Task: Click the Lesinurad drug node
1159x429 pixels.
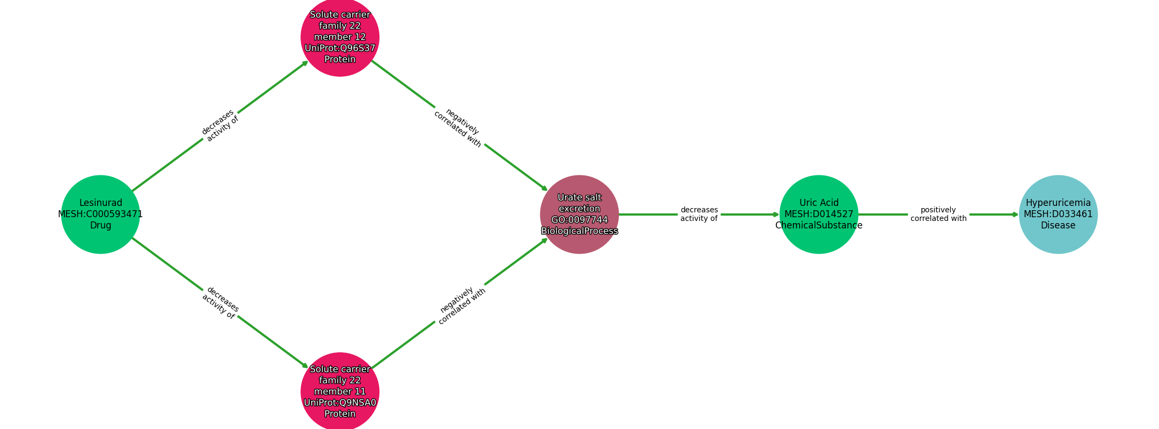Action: click(x=100, y=214)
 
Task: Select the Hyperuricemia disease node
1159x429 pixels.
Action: click(x=1058, y=214)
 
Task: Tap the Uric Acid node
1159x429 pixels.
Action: click(x=819, y=214)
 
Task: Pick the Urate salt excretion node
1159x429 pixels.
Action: click(x=579, y=214)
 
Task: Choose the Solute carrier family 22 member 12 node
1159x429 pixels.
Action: click(x=340, y=37)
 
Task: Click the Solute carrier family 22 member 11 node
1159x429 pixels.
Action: click(x=340, y=391)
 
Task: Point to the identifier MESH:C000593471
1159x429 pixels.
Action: click(x=100, y=214)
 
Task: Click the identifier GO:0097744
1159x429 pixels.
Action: click(x=579, y=220)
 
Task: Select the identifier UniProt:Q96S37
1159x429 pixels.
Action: click(x=340, y=48)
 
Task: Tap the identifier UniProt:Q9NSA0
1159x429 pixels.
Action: click(x=340, y=403)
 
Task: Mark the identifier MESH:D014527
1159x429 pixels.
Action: click(x=819, y=214)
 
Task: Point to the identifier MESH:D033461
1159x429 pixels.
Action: click(x=1058, y=214)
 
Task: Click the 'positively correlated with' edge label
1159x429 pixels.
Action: click(x=938, y=214)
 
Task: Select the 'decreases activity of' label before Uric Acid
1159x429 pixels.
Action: click(x=699, y=214)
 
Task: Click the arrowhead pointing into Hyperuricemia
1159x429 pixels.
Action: click(x=1015, y=214)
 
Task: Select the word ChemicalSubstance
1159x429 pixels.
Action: click(x=819, y=225)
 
